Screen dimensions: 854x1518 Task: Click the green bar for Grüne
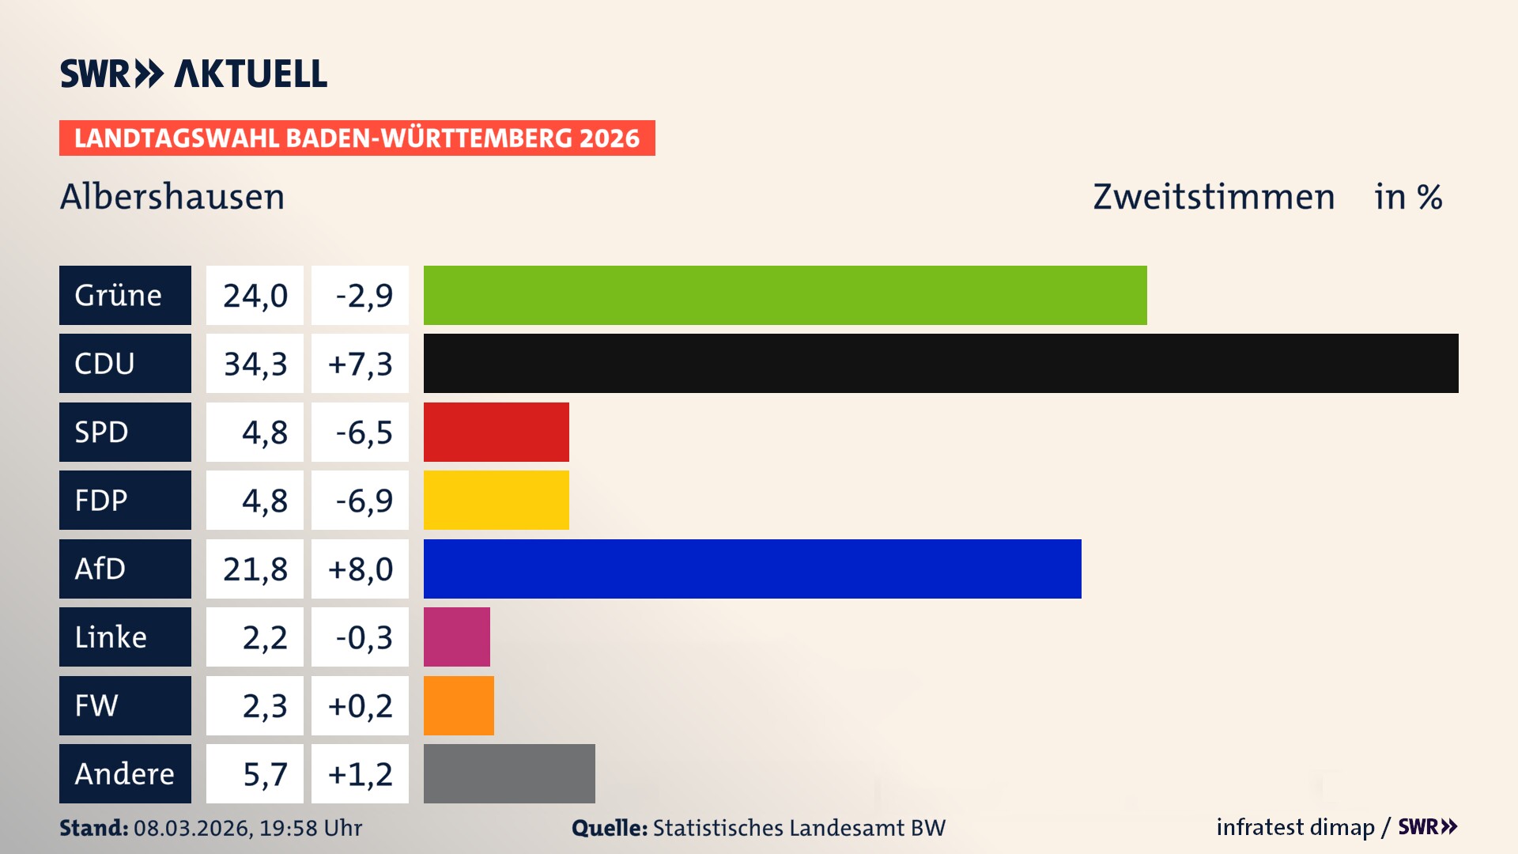pos(784,295)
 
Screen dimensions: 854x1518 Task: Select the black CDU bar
pos(941,364)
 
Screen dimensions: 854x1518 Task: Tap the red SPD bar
pos(496,432)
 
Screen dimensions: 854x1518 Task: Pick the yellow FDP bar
pos(496,500)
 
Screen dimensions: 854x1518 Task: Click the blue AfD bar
pos(752,569)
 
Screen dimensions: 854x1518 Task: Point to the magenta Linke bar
pos(456,637)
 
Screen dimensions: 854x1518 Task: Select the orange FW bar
pos(459,705)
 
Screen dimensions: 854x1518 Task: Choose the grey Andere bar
pos(509,773)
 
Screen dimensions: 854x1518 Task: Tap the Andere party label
pos(125,773)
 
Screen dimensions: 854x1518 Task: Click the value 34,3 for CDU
pos(255,364)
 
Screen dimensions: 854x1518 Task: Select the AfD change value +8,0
pos(360,569)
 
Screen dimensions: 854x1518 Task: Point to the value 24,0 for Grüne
pos(255,295)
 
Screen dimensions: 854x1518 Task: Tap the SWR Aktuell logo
pos(193,74)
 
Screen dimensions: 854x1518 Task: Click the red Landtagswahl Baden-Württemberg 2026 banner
pos(357,138)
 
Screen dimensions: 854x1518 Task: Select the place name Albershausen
pos(172,197)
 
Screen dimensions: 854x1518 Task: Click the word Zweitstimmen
pos(1214,197)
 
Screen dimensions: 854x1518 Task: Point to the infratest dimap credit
pos(1295,827)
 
